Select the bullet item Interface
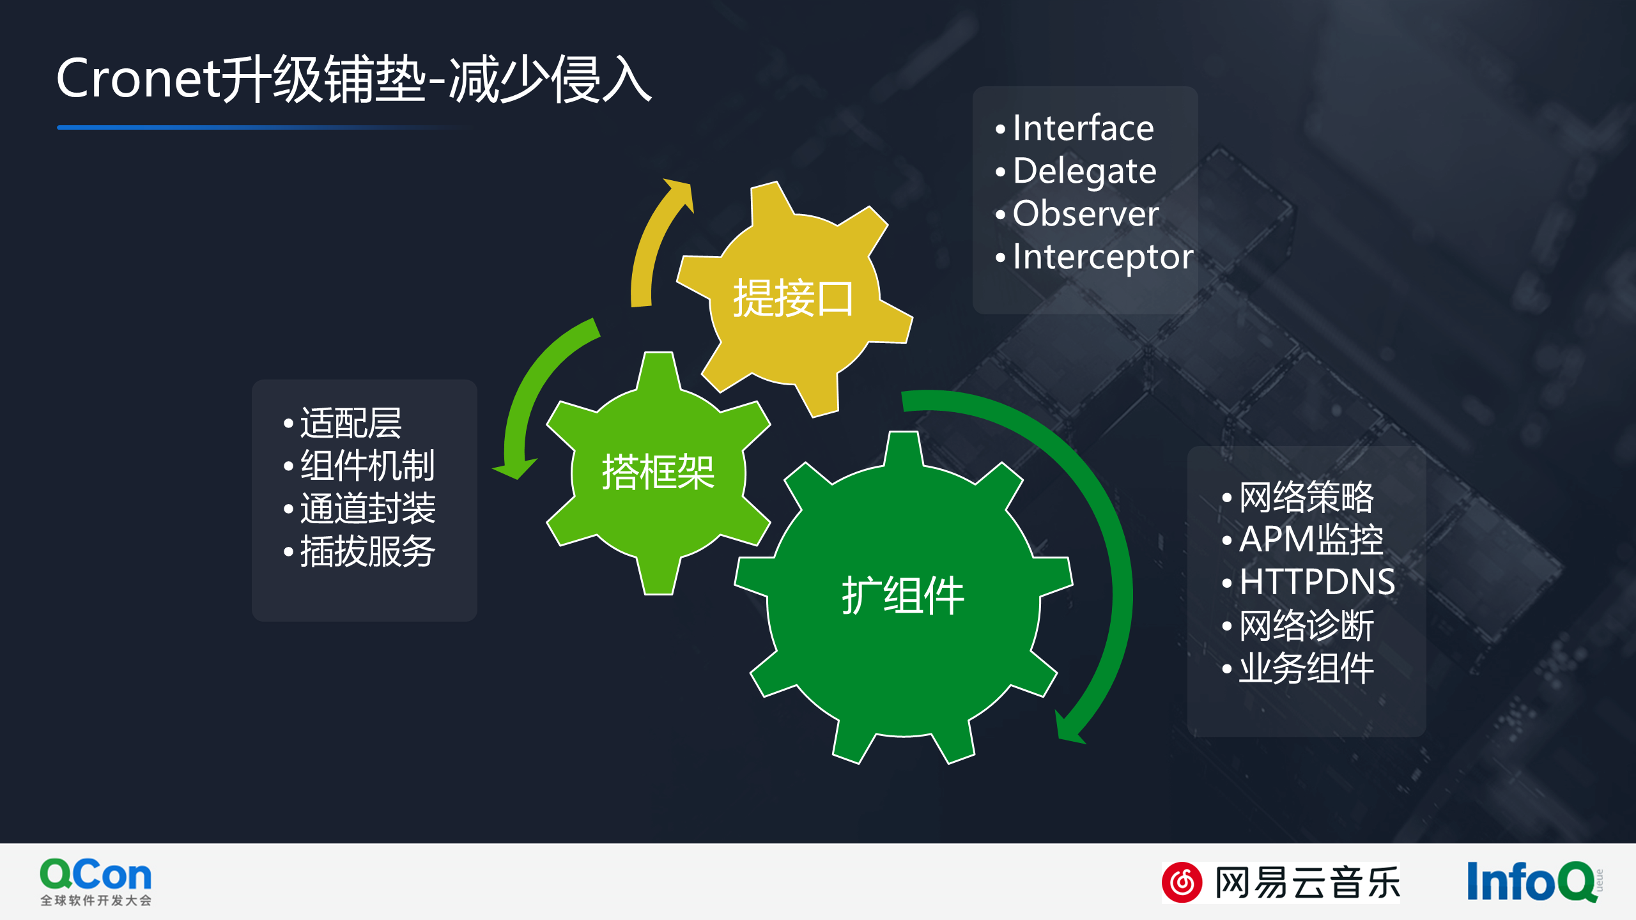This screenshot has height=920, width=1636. [x=1083, y=128]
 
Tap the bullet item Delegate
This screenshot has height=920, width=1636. [x=1084, y=171]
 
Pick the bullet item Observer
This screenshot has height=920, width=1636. [x=1086, y=213]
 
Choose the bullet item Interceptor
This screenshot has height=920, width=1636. [x=1103, y=257]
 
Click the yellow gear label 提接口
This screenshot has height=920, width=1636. [x=792, y=298]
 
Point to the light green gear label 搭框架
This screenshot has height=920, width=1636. [x=658, y=472]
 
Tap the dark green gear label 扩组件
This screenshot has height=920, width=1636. [x=902, y=595]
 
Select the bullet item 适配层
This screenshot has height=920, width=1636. [x=351, y=423]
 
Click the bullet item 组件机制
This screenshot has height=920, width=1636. [x=367, y=466]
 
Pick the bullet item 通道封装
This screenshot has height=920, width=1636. [x=367, y=509]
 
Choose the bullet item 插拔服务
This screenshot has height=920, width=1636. [x=367, y=551]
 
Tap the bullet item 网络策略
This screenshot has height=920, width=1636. [x=1306, y=497]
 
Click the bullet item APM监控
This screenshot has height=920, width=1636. [x=1311, y=540]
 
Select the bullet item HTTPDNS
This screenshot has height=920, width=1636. [x=1317, y=582]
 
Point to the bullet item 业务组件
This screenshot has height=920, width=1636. [x=1306, y=668]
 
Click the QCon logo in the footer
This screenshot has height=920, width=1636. [x=96, y=882]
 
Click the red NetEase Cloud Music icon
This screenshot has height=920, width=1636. [x=1182, y=882]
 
